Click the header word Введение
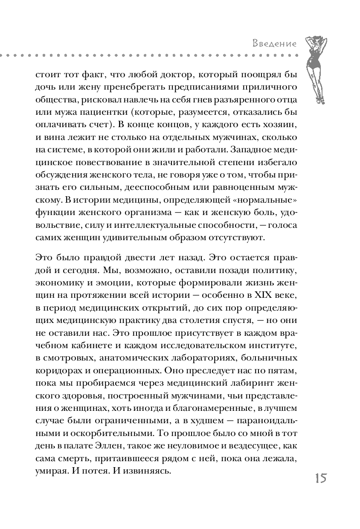coord(275,44)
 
